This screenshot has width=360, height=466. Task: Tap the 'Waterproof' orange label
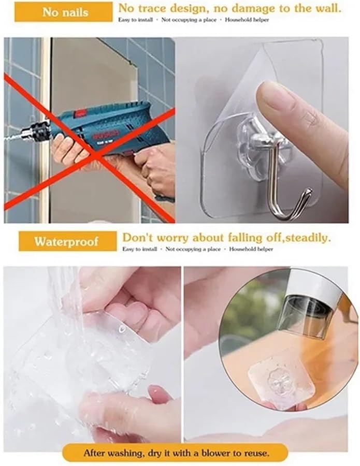click(x=67, y=241)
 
